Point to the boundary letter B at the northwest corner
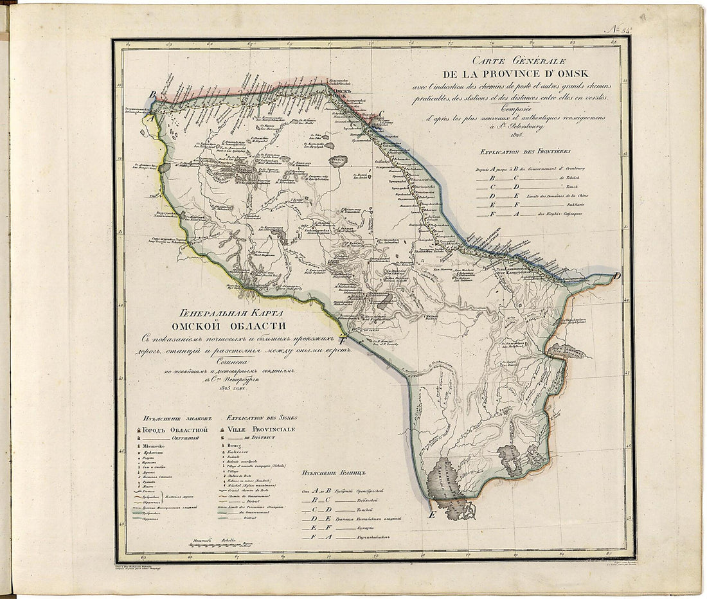152,95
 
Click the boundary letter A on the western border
150,118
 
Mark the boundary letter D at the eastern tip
617,276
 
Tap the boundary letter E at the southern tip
431,515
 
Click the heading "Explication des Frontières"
521,152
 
